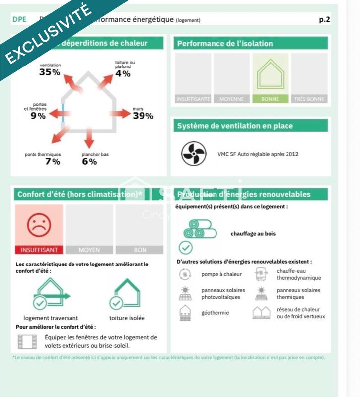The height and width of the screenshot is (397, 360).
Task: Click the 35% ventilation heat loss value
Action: (x=50, y=72)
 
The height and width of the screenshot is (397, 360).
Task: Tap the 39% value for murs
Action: (x=143, y=116)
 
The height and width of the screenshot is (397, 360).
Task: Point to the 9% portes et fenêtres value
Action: (x=38, y=116)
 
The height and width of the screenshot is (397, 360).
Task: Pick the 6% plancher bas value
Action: (x=89, y=161)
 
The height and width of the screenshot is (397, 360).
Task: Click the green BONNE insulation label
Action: (x=270, y=99)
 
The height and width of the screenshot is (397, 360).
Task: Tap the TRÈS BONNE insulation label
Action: (x=309, y=99)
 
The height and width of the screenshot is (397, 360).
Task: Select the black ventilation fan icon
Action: (x=193, y=154)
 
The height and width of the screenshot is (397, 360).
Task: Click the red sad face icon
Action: (x=39, y=225)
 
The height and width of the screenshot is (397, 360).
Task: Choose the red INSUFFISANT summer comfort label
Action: (x=39, y=250)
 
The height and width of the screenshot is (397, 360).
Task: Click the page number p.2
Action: (x=324, y=20)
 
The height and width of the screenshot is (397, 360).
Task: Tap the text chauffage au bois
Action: (x=253, y=233)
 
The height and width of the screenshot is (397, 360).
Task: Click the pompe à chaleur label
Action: (x=221, y=274)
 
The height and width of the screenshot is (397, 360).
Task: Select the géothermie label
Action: (x=215, y=313)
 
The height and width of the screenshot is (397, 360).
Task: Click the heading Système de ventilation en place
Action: (x=235, y=126)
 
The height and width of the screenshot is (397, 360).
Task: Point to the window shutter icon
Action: (x=28, y=341)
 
